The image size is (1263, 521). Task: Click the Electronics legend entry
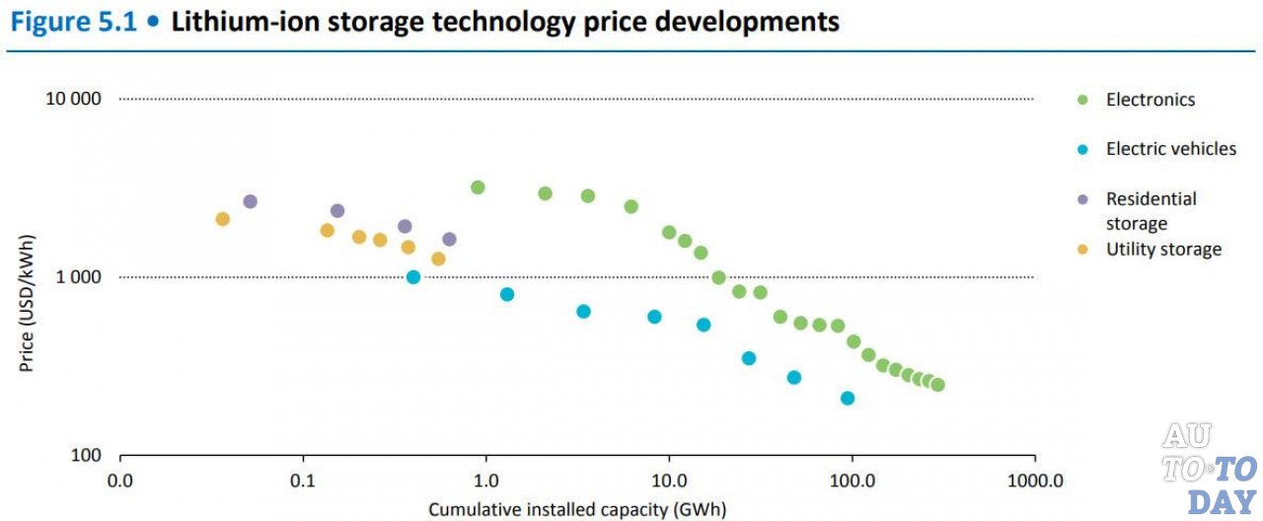click(1150, 100)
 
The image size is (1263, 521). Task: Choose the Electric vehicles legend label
click(1170, 149)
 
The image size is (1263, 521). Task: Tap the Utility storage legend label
click(1163, 250)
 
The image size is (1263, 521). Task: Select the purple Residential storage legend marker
click(1082, 199)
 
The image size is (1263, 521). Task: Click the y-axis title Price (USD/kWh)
click(27, 309)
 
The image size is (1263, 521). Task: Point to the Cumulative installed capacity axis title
click(577, 509)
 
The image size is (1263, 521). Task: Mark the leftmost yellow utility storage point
click(222, 219)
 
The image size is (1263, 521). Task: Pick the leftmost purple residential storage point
click(250, 201)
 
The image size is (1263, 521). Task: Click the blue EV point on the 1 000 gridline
click(413, 277)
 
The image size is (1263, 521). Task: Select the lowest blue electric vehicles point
click(847, 399)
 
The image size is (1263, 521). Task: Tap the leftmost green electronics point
click(478, 187)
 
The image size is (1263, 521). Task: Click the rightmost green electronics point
click(937, 385)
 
